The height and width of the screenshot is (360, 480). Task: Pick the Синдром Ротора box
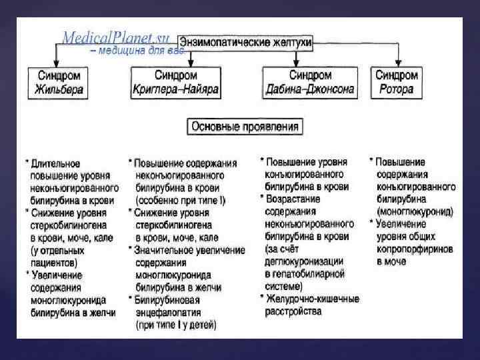click(x=399, y=83)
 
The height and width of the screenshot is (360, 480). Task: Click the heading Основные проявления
click(x=245, y=125)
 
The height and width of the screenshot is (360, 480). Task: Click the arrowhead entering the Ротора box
click(x=399, y=63)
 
